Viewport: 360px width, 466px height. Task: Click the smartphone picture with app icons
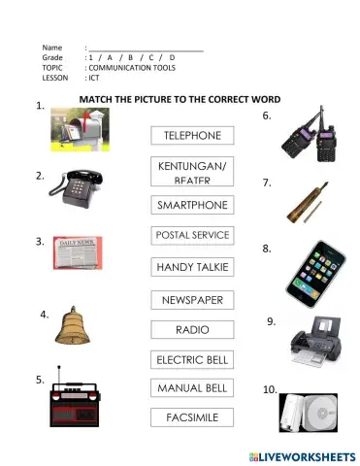(x=313, y=269)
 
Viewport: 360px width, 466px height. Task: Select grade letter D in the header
(x=172, y=57)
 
